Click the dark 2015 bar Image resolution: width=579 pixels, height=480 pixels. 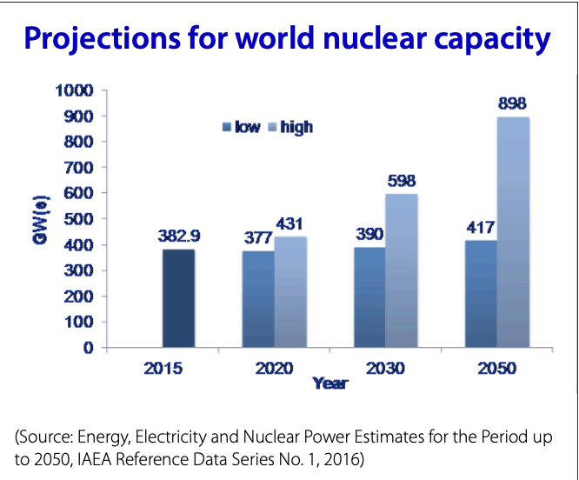[178, 298]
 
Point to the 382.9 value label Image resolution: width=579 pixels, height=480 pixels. [178, 235]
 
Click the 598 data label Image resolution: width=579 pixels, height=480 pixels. [402, 181]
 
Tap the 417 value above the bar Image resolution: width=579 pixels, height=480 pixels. [480, 228]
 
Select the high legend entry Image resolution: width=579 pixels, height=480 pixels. [289, 127]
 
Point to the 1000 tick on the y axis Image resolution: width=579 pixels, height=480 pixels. [74, 90]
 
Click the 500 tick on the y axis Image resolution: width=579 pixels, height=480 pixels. [78, 219]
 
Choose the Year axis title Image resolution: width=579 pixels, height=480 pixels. [329, 383]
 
